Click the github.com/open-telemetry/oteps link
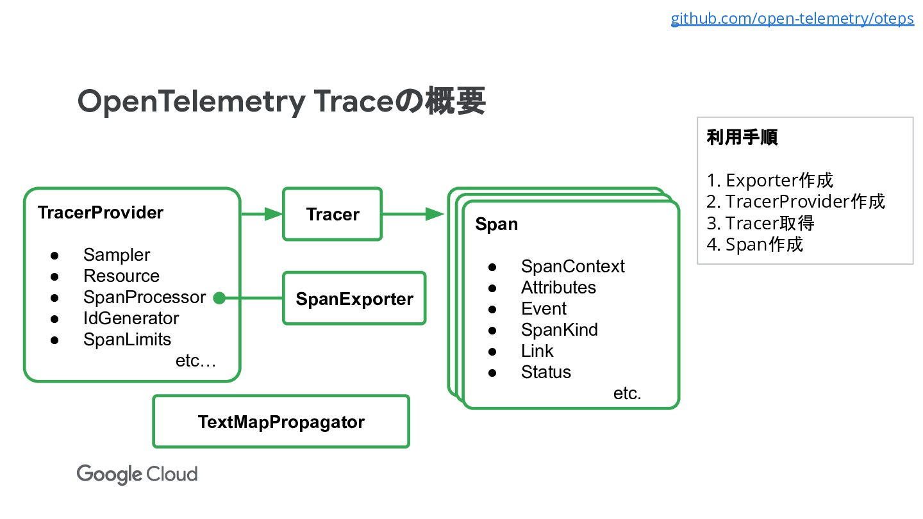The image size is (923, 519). pyautogui.click(x=792, y=19)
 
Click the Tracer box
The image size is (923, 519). pyautogui.click(x=333, y=214)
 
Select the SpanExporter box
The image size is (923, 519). pyautogui.click(x=354, y=299)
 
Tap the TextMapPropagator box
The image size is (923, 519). pyautogui.click(x=281, y=422)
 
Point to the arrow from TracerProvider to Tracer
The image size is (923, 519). pyautogui.click(x=262, y=214)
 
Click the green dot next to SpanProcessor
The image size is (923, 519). pyautogui.click(x=219, y=298)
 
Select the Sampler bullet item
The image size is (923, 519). pyautogui.click(x=117, y=255)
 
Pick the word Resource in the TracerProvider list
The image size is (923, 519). pyautogui.click(x=121, y=276)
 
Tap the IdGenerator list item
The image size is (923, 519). pyautogui.click(x=131, y=318)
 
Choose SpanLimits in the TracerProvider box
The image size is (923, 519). pyautogui.click(x=127, y=340)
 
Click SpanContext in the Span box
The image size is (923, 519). pyautogui.click(x=572, y=267)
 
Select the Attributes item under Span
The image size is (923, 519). pyautogui.click(x=558, y=288)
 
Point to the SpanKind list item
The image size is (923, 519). pyautogui.click(x=559, y=330)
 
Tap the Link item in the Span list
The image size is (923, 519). pyautogui.click(x=537, y=351)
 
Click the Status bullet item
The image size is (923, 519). pyautogui.click(x=545, y=372)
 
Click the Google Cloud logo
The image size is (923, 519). pyautogui.click(x=137, y=474)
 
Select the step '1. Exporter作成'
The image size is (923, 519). pyautogui.click(x=770, y=180)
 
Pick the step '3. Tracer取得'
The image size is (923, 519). pyautogui.click(x=760, y=223)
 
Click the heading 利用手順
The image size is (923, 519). pyautogui.click(x=742, y=137)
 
